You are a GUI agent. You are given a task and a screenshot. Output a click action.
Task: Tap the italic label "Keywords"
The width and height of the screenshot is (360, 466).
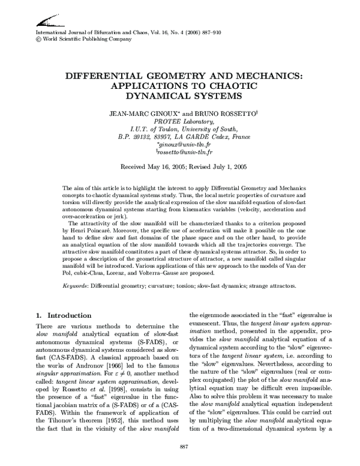point(76,285)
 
